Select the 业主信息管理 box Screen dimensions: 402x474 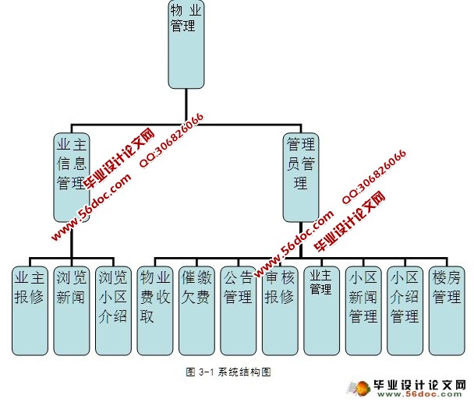tap(71, 176)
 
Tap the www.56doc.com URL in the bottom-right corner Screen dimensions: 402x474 tap(430, 396)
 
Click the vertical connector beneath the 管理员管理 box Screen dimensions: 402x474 tap(302, 238)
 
